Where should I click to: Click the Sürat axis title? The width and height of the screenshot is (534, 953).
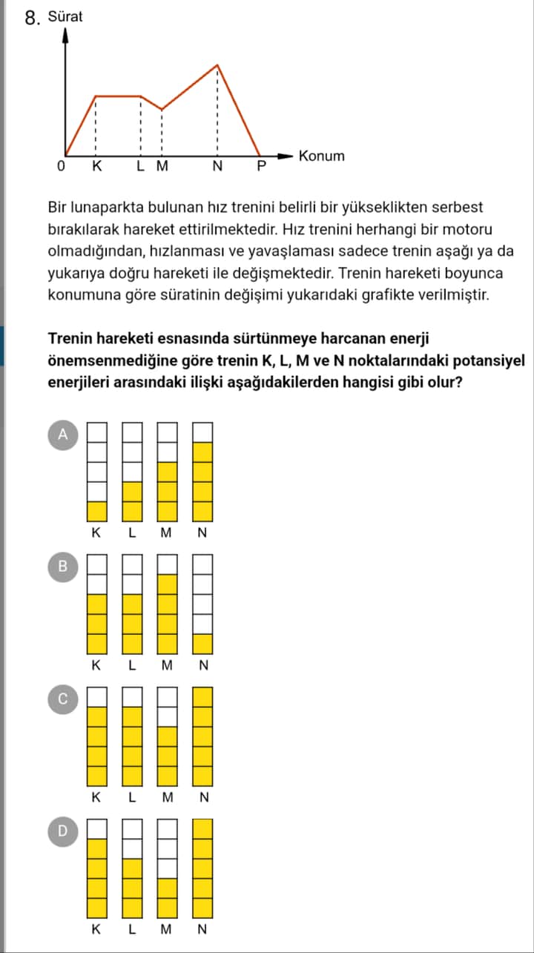tap(65, 16)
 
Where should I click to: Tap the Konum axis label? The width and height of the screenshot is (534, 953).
tap(321, 156)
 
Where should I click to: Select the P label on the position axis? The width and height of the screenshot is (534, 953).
tap(260, 166)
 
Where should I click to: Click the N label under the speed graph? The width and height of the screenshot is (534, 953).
tap(217, 166)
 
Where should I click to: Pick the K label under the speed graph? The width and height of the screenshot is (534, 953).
tap(96, 166)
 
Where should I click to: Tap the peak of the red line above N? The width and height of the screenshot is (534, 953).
tap(217, 65)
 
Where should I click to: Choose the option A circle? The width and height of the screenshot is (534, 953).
tap(63, 435)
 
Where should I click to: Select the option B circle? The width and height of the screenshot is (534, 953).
tap(63, 567)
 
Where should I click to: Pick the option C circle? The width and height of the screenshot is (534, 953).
tap(63, 699)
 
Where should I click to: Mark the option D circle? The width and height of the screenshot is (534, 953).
tap(63, 831)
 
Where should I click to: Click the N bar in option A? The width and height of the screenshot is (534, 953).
tap(203, 472)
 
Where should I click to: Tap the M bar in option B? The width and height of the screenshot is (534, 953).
tap(168, 604)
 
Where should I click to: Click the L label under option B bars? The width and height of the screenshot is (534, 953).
tap(131, 665)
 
